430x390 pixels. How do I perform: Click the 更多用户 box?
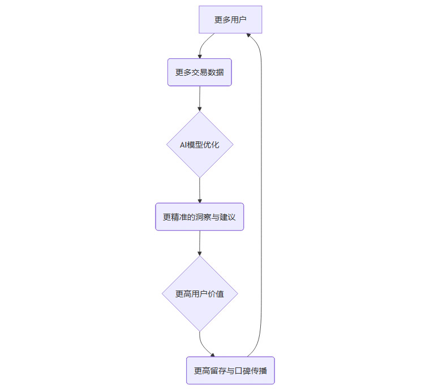click(x=230, y=20)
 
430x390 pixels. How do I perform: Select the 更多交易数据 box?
click(x=200, y=72)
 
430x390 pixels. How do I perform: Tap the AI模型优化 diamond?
click(x=200, y=145)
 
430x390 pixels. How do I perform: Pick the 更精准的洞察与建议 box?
click(x=200, y=217)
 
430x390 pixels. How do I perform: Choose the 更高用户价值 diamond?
click(x=200, y=294)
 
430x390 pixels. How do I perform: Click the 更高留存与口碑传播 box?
click(x=230, y=371)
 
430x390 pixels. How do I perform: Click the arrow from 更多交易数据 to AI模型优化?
click(x=200, y=98)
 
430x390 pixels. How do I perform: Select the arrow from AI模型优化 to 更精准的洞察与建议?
click(x=200, y=190)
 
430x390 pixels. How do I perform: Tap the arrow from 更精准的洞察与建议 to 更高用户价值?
click(x=200, y=243)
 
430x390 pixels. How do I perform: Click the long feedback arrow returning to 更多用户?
click(x=261, y=192)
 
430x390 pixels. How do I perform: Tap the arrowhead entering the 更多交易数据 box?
click(x=200, y=56)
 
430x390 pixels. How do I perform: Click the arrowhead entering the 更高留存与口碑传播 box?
click(x=212, y=354)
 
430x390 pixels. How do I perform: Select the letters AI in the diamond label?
click(x=183, y=145)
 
